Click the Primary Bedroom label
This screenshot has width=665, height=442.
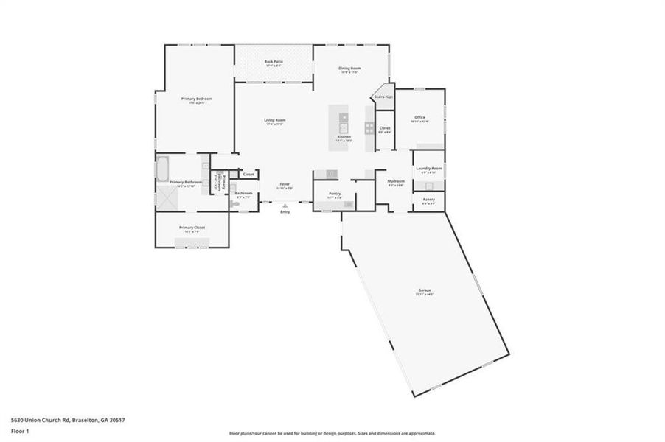pos(196,98)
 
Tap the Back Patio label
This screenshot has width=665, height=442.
pos(274,61)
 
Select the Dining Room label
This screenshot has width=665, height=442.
pos(349,69)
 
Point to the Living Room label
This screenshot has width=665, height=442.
pos(275,120)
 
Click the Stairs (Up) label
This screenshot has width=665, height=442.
pos(383,97)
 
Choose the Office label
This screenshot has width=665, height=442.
pos(419,117)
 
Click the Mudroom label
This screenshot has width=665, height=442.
pos(396,181)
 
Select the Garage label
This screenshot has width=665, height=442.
pos(425,290)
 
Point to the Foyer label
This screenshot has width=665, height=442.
pos(285,185)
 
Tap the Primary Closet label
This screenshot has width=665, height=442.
pos(192,228)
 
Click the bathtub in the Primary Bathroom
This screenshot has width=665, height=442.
pos(161,169)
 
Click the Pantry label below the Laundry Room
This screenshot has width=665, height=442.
pos(428,200)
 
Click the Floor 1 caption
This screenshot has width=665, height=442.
pos(20,429)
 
